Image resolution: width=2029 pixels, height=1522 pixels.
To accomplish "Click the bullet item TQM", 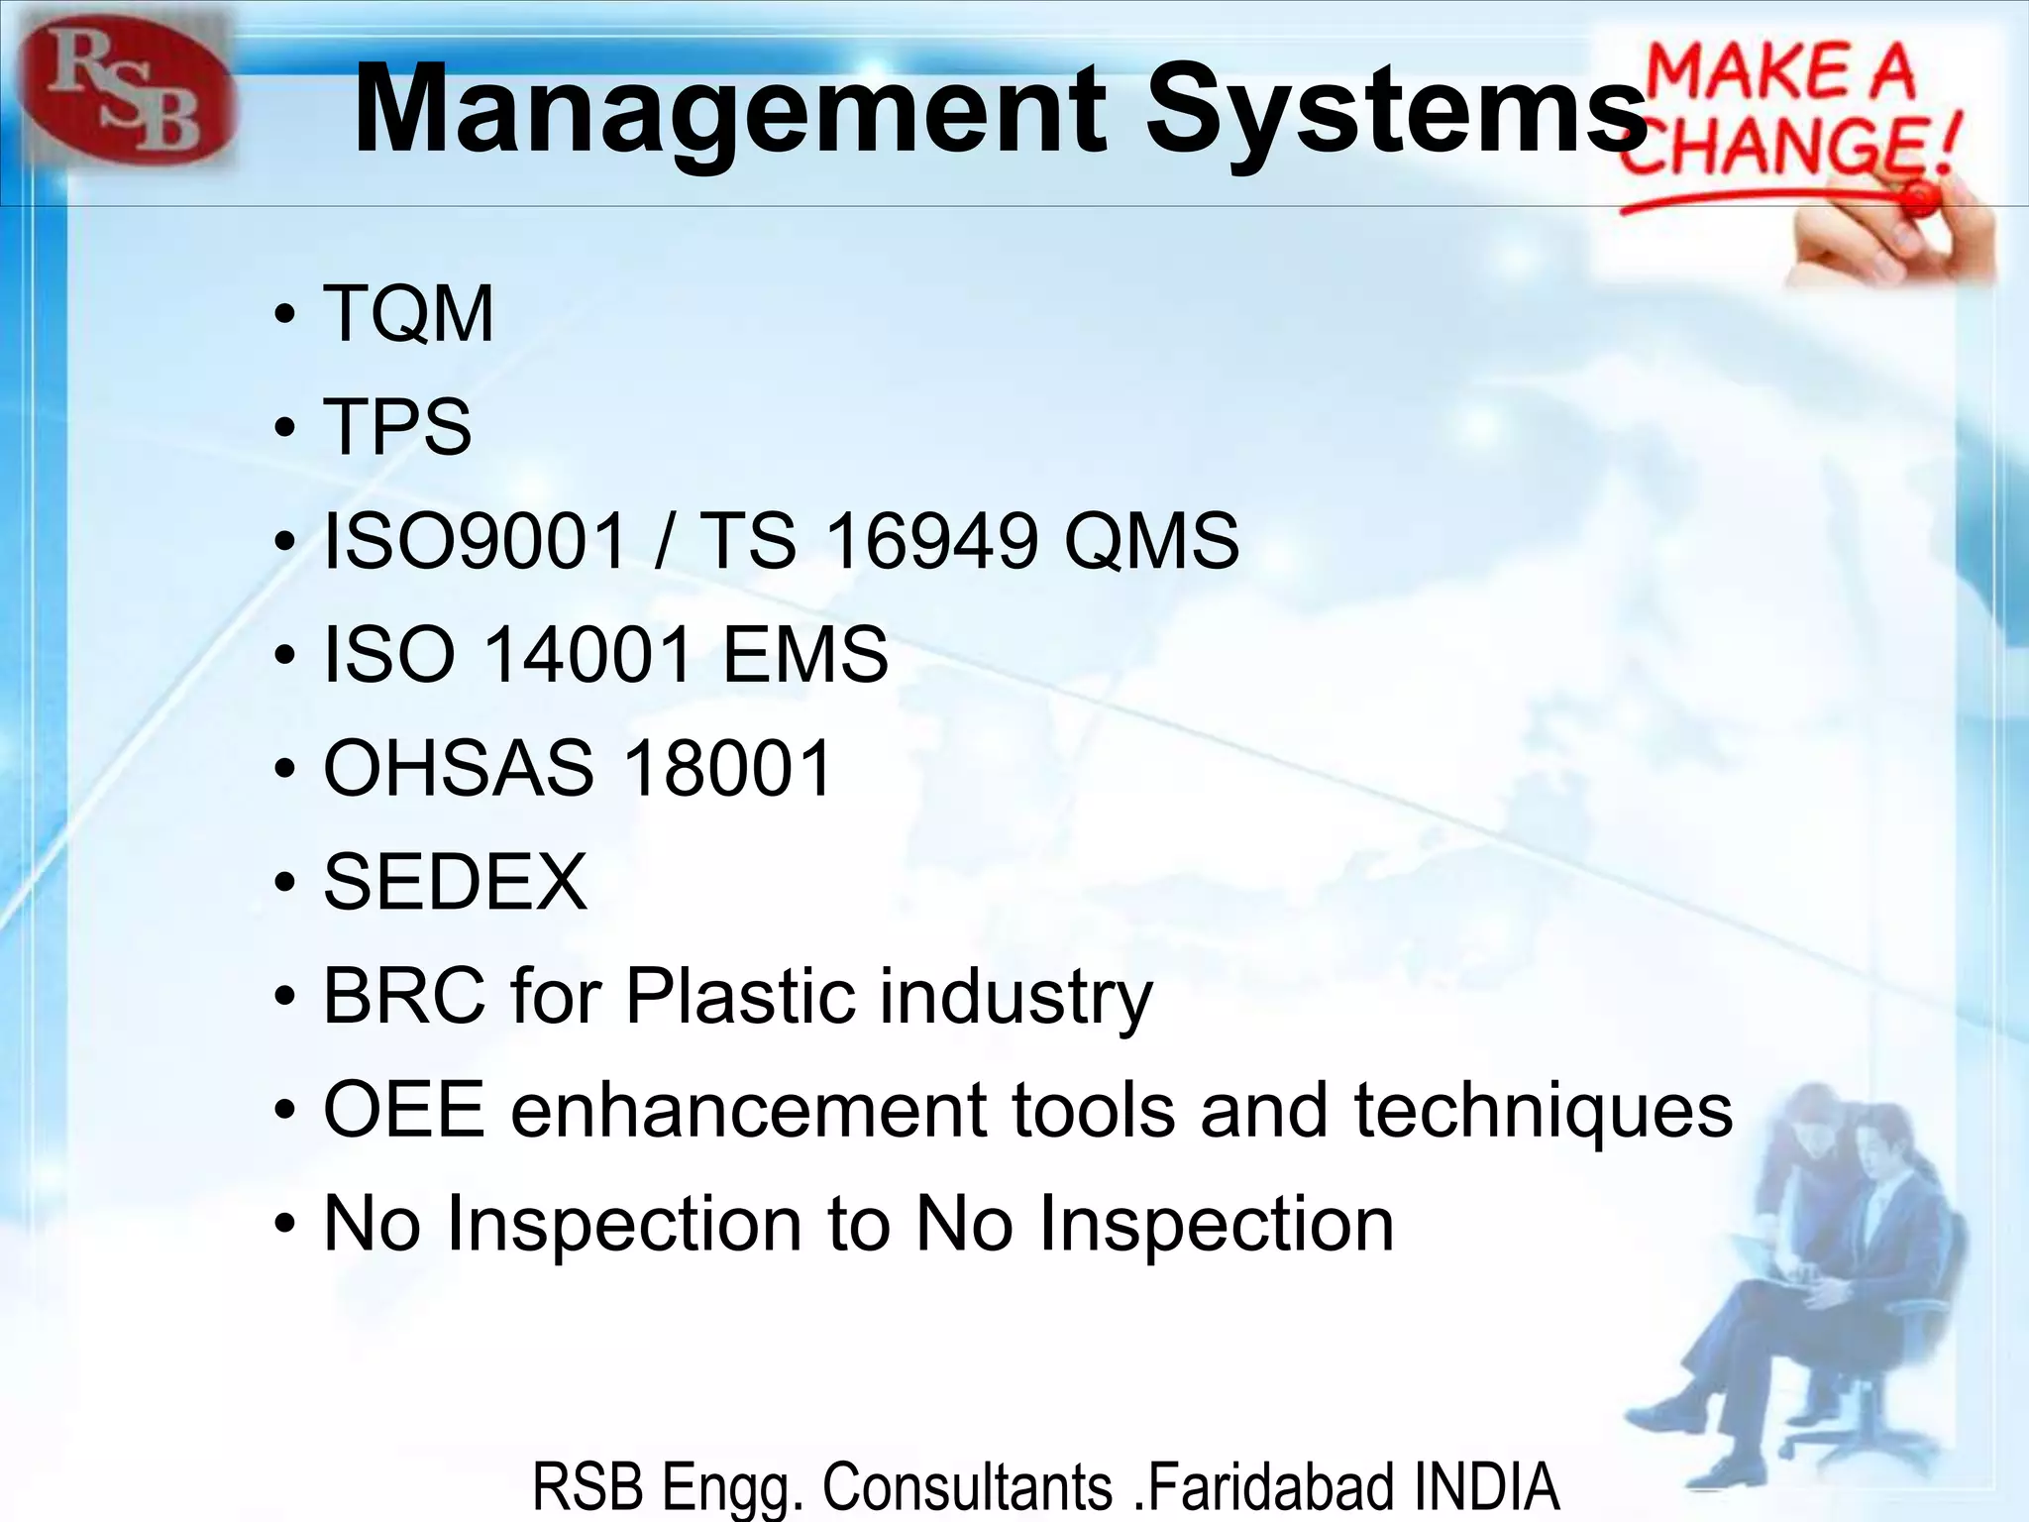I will tap(408, 313).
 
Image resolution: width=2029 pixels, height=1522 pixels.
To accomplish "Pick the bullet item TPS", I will tap(397, 426).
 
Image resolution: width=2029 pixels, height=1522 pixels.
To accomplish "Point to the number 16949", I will tap(931, 541).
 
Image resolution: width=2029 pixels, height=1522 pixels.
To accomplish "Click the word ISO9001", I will tap(476, 541).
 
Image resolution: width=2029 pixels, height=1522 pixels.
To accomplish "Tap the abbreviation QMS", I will tap(1150, 541).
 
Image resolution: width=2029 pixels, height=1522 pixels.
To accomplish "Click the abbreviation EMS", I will tap(804, 654).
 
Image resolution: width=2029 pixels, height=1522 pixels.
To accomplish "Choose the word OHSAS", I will tap(458, 768).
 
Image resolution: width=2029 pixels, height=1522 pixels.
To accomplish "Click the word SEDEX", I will tap(455, 882).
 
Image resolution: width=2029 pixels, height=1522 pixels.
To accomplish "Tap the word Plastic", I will tap(739, 995).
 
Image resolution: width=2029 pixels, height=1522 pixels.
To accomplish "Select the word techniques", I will tap(1543, 1110).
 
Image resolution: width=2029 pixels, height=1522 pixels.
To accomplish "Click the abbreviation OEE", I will tap(404, 1110).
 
